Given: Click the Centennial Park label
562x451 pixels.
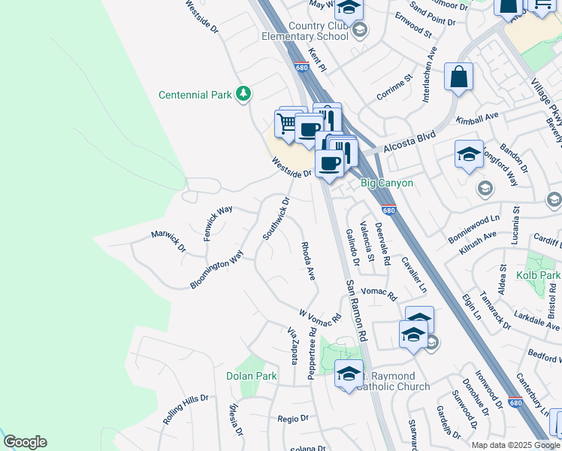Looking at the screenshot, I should [x=195, y=95].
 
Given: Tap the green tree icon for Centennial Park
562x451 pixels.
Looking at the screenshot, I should [x=243, y=94].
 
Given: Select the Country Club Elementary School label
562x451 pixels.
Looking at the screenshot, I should [x=304, y=30].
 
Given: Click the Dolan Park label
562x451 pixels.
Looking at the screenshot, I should [x=251, y=375].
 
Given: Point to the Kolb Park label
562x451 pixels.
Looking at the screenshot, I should [x=538, y=276].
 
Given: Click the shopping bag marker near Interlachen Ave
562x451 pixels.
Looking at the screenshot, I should [x=458, y=77].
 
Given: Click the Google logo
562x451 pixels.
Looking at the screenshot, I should [x=25, y=442].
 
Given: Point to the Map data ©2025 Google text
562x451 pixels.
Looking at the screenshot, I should [x=516, y=445].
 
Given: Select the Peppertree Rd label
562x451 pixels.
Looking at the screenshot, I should [x=310, y=360].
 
